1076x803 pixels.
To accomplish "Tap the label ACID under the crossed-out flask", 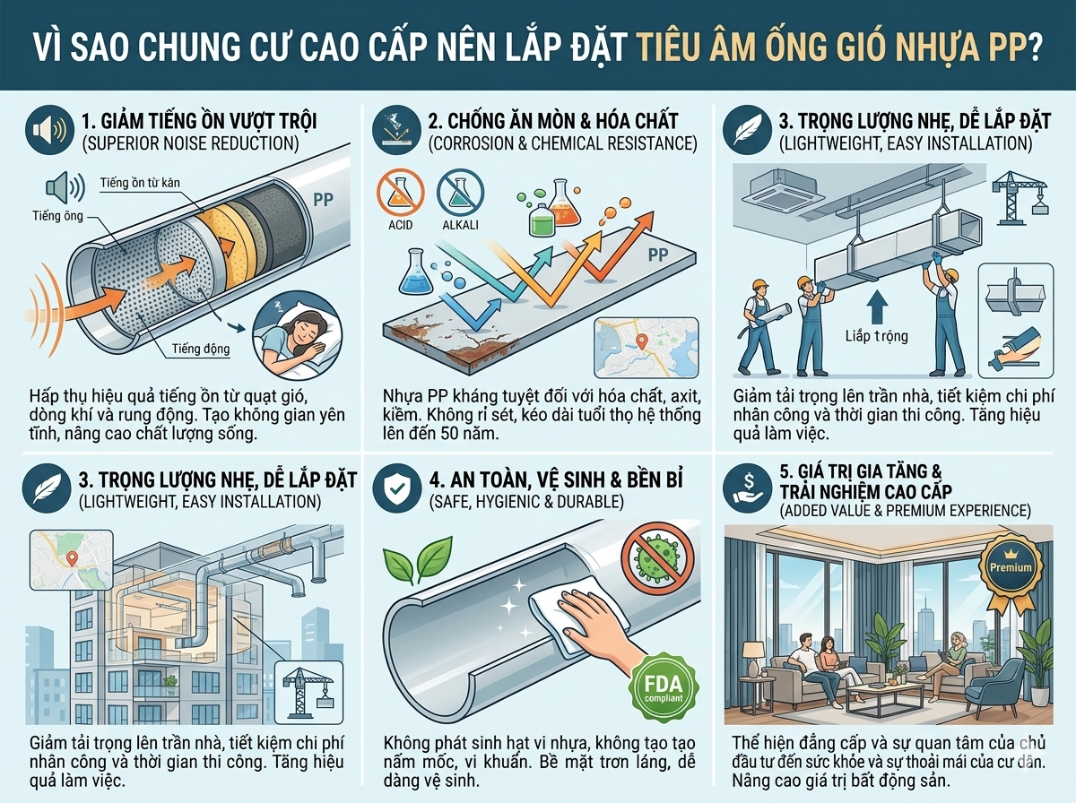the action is pyautogui.click(x=401, y=225).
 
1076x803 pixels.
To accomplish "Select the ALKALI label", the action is pyautogui.click(x=460, y=225).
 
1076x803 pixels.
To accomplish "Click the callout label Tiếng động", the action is pyautogui.click(x=201, y=349).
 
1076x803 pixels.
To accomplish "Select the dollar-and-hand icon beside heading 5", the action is pyautogui.click(x=748, y=488).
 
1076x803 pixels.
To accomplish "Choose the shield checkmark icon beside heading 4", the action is pyautogui.click(x=397, y=488).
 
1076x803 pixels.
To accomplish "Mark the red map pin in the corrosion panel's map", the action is pyautogui.click(x=641, y=341).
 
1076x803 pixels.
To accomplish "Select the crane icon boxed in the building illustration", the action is pyautogui.click(x=308, y=692).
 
